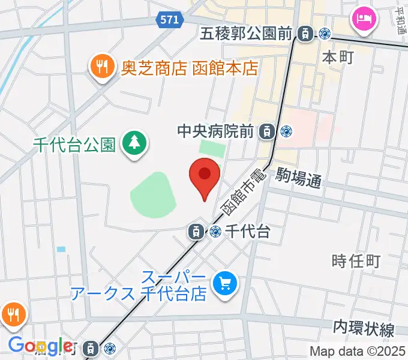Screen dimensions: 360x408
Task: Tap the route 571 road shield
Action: (169, 20)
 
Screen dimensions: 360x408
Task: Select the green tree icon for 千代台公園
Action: (133, 144)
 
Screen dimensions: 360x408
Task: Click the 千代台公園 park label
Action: (74, 145)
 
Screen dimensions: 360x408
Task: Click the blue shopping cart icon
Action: (226, 282)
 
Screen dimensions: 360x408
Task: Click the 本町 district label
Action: (338, 58)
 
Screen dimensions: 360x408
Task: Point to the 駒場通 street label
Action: (299, 178)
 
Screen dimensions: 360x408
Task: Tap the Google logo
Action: (41, 346)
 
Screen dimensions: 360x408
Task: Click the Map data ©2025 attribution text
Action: (358, 352)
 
